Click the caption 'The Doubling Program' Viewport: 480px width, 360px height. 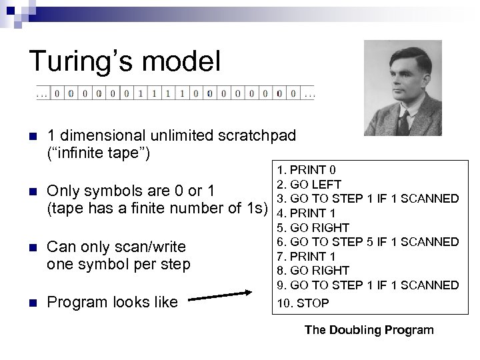(369, 329)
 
